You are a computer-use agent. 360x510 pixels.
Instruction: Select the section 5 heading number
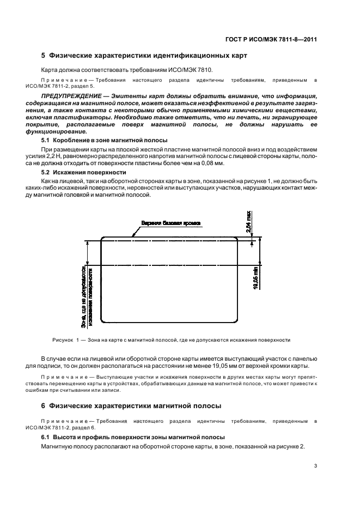coord(44,56)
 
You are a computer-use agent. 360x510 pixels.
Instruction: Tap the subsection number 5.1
coord(47,141)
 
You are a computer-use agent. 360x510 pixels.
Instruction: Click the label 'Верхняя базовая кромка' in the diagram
coord(170,223)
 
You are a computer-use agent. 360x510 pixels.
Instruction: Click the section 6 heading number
coord(44,405)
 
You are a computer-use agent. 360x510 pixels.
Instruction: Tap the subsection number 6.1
coord(47,438)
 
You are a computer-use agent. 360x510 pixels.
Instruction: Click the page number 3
coord(316,465)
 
